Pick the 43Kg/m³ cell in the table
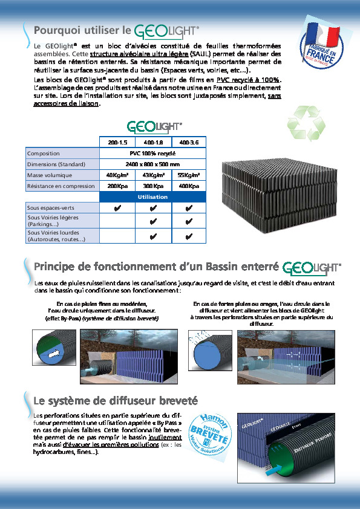click(x=153, y=175)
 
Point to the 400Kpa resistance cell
click(x=189, y=186)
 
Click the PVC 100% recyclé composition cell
click(x=153, y=154)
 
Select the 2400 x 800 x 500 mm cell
click(x=153, y=164)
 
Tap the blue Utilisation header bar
click(x=153, y=197)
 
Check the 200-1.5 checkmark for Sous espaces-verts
click(x=117, y=208)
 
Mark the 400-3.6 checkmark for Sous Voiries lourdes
click(x=189, y=236)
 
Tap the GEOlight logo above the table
click(x=154, y=127)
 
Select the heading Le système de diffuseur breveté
click(x=116, y=400)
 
